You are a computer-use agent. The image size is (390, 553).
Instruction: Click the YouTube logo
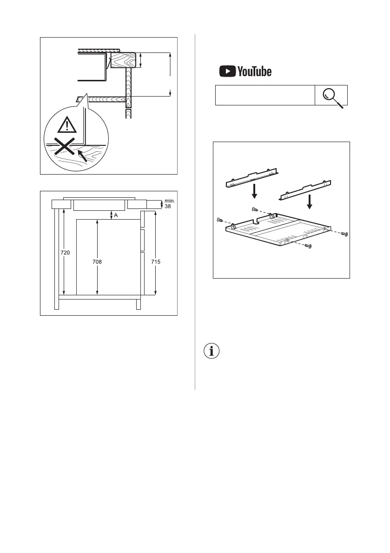[x=245, y=72]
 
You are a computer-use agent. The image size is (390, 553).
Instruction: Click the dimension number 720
[x=65, y=253]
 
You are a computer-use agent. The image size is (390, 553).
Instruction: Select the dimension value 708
[x=97, y=262]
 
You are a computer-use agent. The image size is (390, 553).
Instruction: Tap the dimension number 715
[x=156, y=262]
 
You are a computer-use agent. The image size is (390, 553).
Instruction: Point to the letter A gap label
[x=116, y=215]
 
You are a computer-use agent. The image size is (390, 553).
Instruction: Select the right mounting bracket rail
[x=305, y=190]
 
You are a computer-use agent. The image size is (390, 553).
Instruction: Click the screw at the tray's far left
[x=220, y=220]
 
